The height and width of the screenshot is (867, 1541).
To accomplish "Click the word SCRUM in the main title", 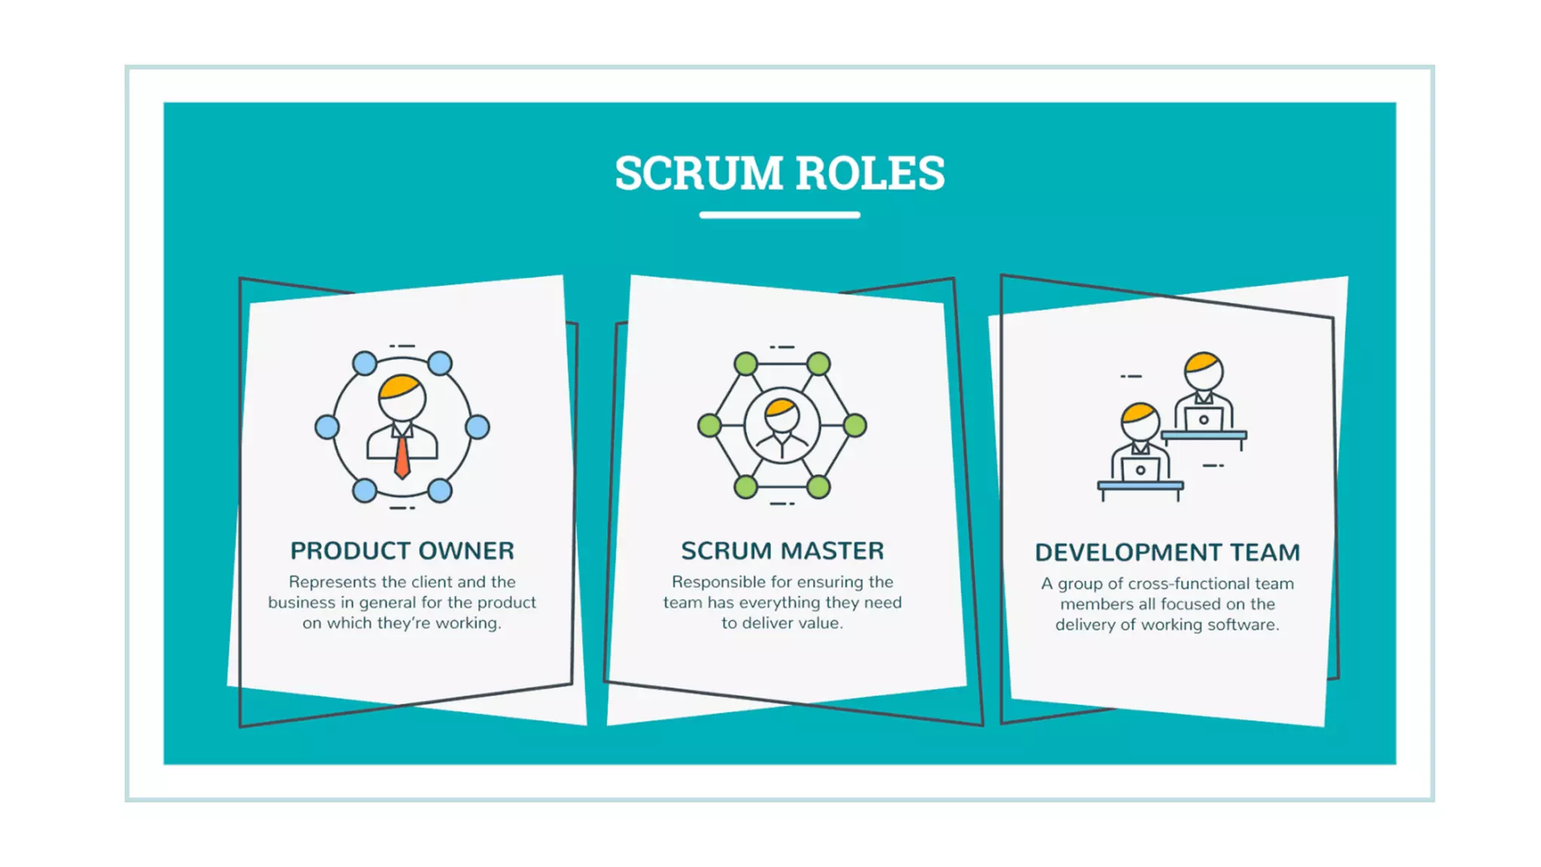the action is coord(699,173).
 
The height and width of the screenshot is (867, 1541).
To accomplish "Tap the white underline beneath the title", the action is coord(780,215).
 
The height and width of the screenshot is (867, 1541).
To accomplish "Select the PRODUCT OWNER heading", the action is coord(403,551).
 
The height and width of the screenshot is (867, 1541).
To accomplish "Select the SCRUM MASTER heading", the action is coord(783,551).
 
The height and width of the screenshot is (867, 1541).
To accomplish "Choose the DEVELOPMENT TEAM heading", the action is coord(1167,552).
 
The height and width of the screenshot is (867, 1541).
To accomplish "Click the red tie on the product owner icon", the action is coord(403,456).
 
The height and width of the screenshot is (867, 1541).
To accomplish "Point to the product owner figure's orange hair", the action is coord(400,386).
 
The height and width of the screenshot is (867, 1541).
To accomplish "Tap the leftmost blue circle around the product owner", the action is coord(327,427).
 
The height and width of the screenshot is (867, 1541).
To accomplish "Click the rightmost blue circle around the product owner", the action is coord(478,427).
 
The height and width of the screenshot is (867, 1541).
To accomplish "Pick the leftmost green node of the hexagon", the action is coord(709,426).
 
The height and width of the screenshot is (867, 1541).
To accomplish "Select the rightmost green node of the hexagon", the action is coord(855,426).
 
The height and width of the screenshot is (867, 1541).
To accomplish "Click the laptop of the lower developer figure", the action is coord(1140,470).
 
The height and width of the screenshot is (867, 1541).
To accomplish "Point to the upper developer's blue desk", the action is coord(1204,435).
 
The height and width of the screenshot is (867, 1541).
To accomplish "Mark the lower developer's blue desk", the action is coord(1140,486).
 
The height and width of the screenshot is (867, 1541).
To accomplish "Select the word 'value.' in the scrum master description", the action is coord(819,623).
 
